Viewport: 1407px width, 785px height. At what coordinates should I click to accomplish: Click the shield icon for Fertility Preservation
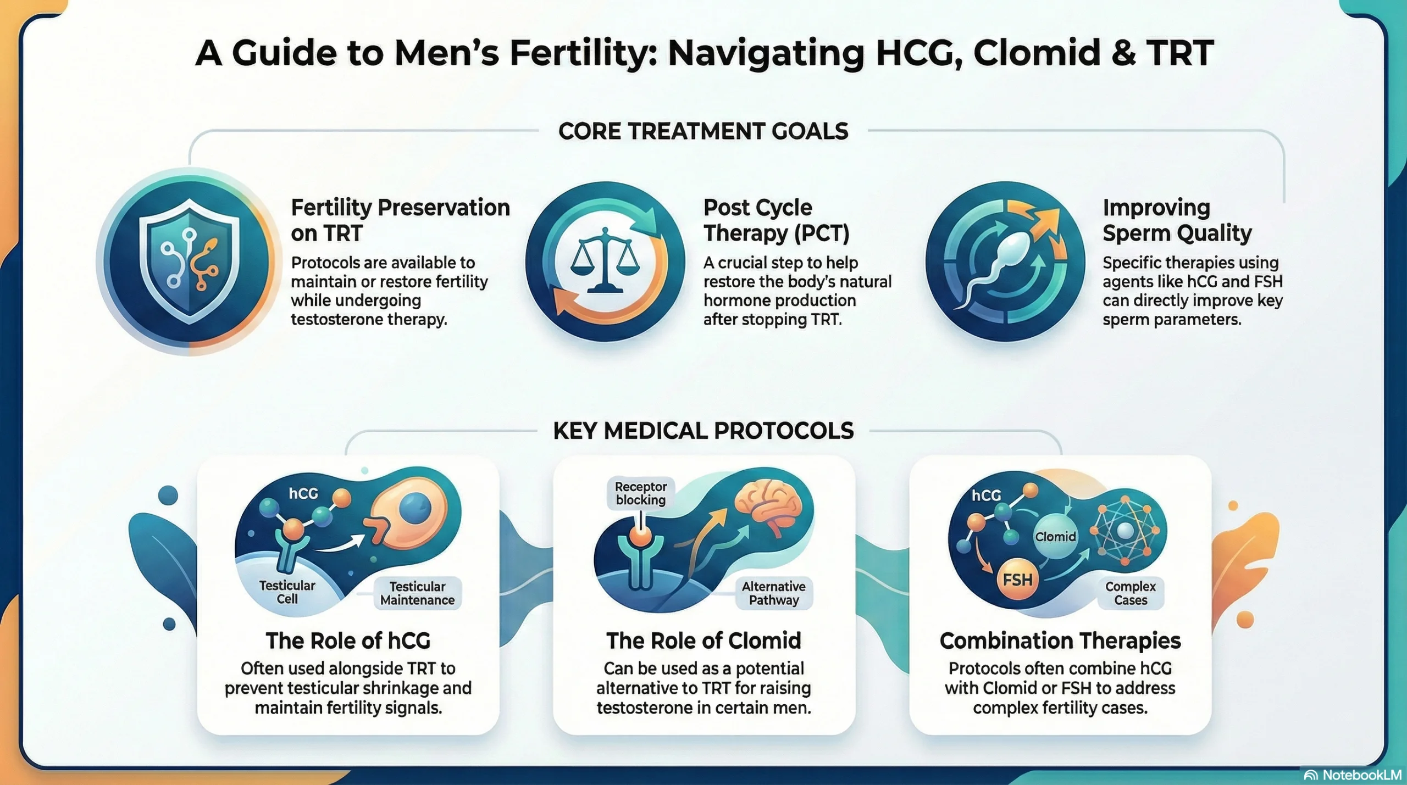[x=189, y=261]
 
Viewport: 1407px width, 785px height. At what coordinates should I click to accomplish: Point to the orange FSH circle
[x=1017, y=580]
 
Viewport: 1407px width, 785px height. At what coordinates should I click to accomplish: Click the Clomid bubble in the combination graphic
[x=1055, y=537]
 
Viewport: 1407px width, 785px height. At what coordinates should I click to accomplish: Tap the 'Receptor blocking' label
[x=640, y=493]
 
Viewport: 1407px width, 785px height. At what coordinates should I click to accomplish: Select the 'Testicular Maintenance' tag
[x=417, y=593]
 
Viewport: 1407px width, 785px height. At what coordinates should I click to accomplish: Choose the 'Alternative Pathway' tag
[x=773, y=593]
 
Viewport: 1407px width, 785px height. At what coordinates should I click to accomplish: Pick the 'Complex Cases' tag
[x=1131, y=593]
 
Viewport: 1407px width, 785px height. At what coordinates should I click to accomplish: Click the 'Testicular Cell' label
[x=287, y=592]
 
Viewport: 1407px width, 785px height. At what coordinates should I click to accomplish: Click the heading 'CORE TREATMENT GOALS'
[x=703, y=131]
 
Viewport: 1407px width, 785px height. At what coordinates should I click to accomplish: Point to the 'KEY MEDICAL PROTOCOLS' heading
[x=703, y=431]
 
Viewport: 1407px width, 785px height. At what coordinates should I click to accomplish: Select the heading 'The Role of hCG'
[x=348, y=641]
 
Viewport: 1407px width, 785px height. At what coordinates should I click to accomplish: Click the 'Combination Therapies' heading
[x=1060, y=641]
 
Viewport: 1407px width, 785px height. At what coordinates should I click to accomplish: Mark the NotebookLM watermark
[x=1354, y=775]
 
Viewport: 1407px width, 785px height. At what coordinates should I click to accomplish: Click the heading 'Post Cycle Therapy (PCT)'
[x=776, y=220]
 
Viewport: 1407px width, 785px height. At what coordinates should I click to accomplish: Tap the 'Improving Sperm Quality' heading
[x=1177, y=220]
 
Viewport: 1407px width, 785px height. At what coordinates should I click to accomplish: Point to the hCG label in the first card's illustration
[x=303, y=493]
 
